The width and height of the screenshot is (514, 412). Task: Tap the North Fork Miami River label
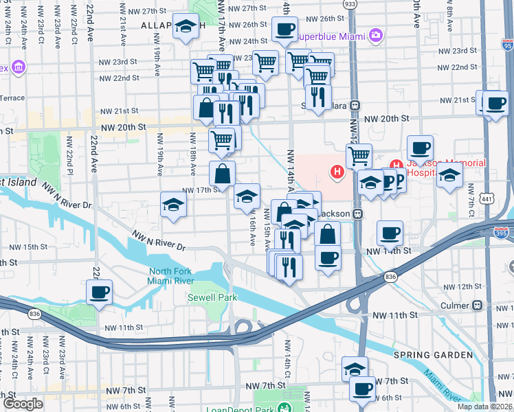[x=171, y=276]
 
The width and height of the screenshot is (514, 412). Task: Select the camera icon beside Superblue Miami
[x=375, y=34]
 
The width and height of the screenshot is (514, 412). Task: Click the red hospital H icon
[x=337, y=171]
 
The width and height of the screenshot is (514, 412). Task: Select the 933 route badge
[x=350, y=4]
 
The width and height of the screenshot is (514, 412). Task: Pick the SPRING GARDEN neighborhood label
[x=434, y=355]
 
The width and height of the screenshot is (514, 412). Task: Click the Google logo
[x=23, y=404]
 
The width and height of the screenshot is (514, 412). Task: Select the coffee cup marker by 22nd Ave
[x=99, y=292]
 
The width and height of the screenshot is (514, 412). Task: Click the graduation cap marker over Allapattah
[x=185, y=26]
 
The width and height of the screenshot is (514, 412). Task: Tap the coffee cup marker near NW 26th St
[x=284, y=30]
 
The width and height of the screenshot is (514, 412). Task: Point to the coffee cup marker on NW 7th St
[x=362, y=389]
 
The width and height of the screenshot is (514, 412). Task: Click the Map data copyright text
[x=485, y=407]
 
